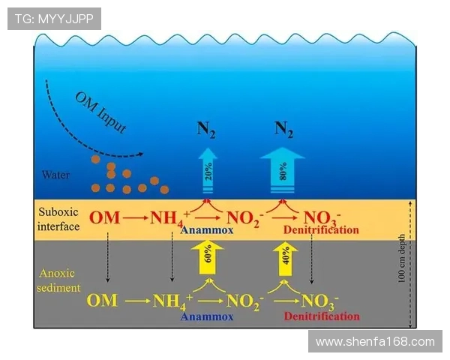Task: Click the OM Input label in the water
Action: tap(100, 113)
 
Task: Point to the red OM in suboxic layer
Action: tap(104, 218)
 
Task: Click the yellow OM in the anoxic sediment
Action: tap(102, 301)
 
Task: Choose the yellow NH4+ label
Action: tap(172, 301)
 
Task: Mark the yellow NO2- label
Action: tap(244, 301)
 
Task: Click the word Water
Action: tap(56, 175)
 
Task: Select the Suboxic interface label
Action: tap(58, 219)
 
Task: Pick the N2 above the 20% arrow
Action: tap(207, 128)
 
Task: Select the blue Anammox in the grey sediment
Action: tap(206, 316)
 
